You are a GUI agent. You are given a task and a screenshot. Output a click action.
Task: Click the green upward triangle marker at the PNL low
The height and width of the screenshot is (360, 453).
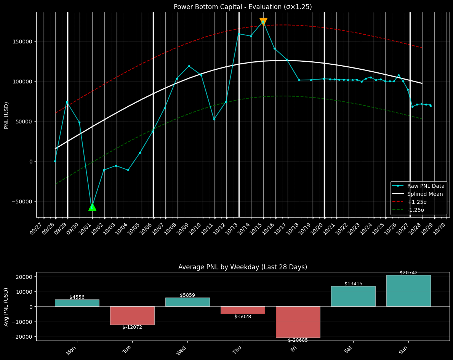pyautogui.click(x=92, y=207)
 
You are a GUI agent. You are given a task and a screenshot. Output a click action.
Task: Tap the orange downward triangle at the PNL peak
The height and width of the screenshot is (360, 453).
pyautogui.click(x=263, y=22)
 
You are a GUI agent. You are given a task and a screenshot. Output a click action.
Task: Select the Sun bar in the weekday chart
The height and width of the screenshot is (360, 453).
pyautogui.click(x=408, y=291)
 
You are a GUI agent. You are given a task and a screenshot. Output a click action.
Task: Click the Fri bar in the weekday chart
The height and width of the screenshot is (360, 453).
pyautogui.click(x=298, y=322)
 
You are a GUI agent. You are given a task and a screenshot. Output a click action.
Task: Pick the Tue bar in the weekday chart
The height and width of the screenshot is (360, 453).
pyautogui.click(x=132, y=315)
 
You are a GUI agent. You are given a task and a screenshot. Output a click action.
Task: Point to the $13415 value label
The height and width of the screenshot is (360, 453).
pyautogui.click(x=353, y=284)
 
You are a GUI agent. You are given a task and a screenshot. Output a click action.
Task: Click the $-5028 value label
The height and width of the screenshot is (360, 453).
pyautogui.click(x=243, y=317)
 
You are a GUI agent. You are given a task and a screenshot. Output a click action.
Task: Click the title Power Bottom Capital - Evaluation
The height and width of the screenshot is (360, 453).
pyautogui.click(x=243, y=7)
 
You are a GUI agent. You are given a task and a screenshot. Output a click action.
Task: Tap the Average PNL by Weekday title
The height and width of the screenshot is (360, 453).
pyautogui.click(x=243, y=267)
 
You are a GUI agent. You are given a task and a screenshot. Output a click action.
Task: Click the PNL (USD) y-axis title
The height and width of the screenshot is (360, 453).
pyautogui.click(x=6, y=115)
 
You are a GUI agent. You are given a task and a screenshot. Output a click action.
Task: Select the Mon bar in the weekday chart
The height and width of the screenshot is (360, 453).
pyautogui.click(x=77, y=303)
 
